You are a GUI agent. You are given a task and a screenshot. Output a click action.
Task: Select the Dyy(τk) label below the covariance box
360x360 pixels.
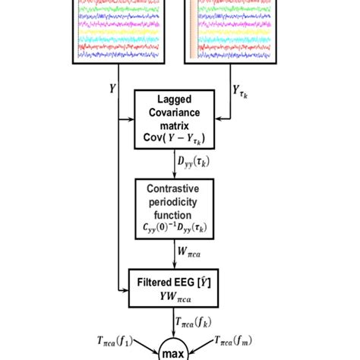pos(194,161)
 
